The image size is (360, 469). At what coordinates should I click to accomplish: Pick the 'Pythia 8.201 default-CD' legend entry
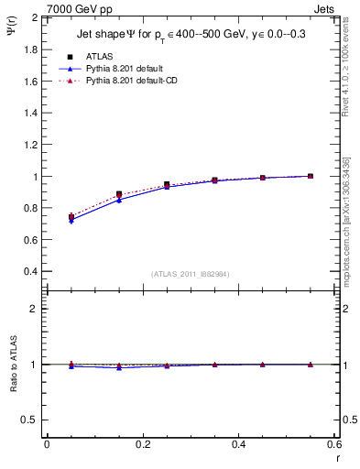pos(125,81)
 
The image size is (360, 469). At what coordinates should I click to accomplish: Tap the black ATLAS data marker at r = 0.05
pos(71,217)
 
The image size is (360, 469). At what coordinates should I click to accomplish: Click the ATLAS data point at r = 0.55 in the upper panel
pos(311,176)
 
